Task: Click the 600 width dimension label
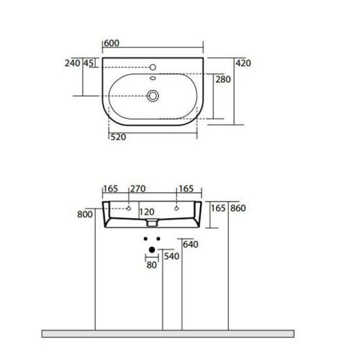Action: pyautogui.click(x=112, y=43)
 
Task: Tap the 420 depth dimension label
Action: pyautogui.click(x=243, y=63)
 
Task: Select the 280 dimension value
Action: pyautogui.click(x=223, y=79)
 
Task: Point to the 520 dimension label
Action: pyautogui.click(x=118, y=137)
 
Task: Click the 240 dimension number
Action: pyautogui.click(x=73, y=63)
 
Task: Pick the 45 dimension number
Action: pyautogui.click(x=89, y=63)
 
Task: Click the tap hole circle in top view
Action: pyautogui.click(x=153, y=68)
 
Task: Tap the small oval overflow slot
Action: pyautogui.click(x=153, y=78)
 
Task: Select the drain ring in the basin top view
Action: pyautogui.click(x=153, y=96)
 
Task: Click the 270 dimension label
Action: pyautogui.click(x=138, y=189)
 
